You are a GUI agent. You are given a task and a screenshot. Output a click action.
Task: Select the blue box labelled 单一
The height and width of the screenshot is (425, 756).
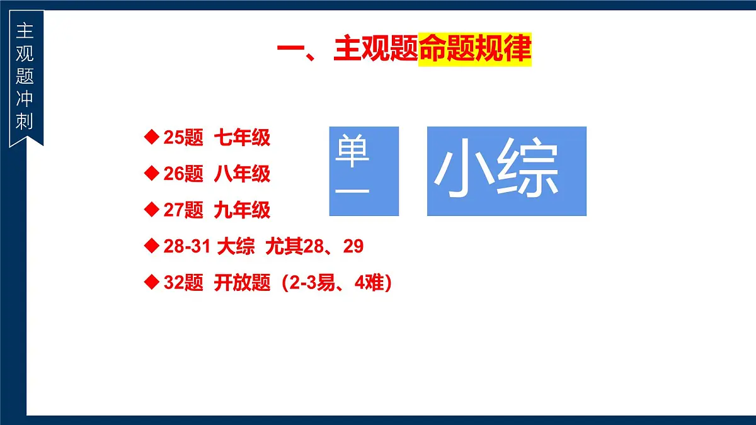tap(364, 171)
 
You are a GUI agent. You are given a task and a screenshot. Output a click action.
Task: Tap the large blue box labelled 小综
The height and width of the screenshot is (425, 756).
tap(507, 171)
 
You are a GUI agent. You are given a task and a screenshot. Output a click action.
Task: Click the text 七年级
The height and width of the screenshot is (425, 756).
tap(242, 137)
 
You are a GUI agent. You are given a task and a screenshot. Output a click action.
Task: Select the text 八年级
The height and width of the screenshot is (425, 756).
tap(242, 174)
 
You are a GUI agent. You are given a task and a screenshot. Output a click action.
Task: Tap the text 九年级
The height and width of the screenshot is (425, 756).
tap(242, 210)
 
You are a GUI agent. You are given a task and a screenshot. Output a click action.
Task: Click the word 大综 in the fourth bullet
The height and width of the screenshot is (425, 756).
tap(236, 247)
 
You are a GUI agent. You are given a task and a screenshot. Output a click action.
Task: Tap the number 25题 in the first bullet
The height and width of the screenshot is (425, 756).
tap(183, 137)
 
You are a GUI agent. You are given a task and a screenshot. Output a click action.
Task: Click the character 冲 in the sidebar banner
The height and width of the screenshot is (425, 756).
tap(25, 98)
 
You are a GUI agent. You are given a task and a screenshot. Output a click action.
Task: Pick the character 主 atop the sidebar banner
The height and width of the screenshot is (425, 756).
tap(25, 30)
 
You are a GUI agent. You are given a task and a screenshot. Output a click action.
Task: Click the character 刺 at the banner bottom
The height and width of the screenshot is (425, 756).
tap(25, 121)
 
